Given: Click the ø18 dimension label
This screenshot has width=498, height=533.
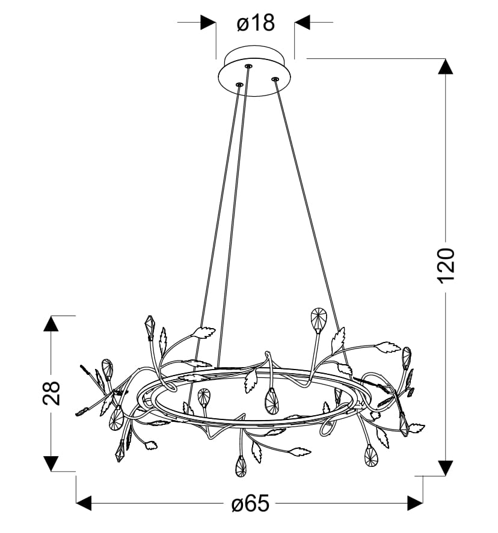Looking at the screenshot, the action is click(256, 23).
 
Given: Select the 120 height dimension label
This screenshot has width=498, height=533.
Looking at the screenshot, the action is click(445, 266).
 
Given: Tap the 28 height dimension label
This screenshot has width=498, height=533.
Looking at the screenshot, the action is click(51, 393).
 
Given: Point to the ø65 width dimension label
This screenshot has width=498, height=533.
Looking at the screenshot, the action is click(250, 503).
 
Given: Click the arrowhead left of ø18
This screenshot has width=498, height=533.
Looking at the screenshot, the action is click(208, 22).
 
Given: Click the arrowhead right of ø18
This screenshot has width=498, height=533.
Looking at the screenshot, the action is click(303, 22).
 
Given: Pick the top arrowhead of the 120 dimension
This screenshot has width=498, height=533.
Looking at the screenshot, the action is click(445, 66).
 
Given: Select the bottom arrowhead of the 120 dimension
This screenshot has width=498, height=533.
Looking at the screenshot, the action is click(445, 468).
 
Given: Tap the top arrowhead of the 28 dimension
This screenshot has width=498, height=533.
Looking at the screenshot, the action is click(51, 323).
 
